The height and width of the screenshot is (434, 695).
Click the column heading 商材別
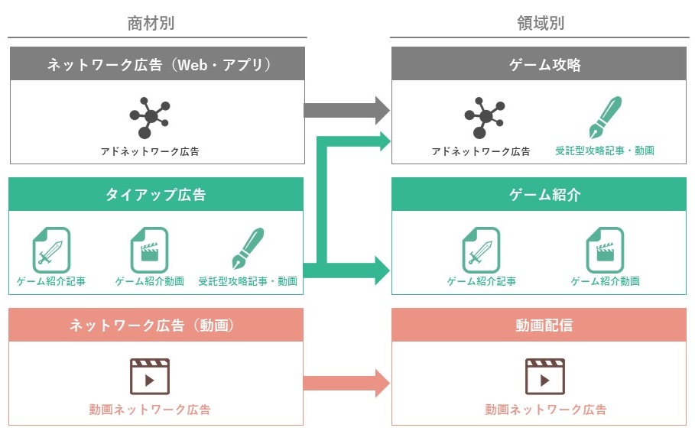pyautogui.click(x=151, y=23)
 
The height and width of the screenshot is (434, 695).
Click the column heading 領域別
pyautogui.click(x=541, y=23)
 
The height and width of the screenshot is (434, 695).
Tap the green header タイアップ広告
pyautogui.click(x=155, y=194)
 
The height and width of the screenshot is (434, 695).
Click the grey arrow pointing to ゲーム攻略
pyautogui.click(x=346, y=110)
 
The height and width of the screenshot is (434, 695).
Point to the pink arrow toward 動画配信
pyautogui.click(x=346, y=383)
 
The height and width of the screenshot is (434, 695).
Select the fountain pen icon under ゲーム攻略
pyautogui.click(x=605, y=118)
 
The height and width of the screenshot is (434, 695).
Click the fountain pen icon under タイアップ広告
pyautogui.click(x=248, y=248)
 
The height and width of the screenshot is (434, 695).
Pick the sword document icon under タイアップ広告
pyautogui.click(x=51, y=250)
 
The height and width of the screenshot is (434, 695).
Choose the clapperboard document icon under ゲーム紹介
pyautogui.click(x=605, y=250)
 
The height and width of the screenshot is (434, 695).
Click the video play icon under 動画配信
pyautogui.click(x=544, y=377)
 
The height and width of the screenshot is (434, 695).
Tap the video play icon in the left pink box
pyautogui.click(x=150, y=377)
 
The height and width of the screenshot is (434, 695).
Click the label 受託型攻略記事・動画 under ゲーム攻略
pyautogui.click(x=605, y=151)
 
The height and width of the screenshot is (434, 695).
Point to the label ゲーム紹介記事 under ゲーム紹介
pyautogui.click(x=482, y=281)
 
